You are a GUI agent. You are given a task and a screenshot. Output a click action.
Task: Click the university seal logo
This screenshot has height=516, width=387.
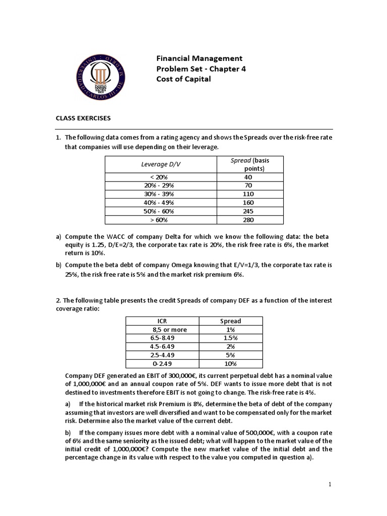101,76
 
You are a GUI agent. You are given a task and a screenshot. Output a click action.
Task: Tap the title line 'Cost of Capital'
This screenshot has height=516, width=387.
183,79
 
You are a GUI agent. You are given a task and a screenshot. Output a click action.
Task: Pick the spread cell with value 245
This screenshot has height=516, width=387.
248,211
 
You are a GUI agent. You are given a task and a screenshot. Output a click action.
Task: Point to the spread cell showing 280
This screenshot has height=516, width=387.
248,220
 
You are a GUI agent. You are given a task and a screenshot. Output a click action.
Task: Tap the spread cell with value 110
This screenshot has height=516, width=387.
248,194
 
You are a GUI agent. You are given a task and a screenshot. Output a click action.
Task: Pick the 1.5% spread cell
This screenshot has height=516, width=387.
231,338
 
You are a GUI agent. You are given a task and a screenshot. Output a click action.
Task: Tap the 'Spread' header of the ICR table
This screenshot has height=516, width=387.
231,321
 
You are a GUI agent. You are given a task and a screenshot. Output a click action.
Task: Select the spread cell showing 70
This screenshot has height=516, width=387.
248,185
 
